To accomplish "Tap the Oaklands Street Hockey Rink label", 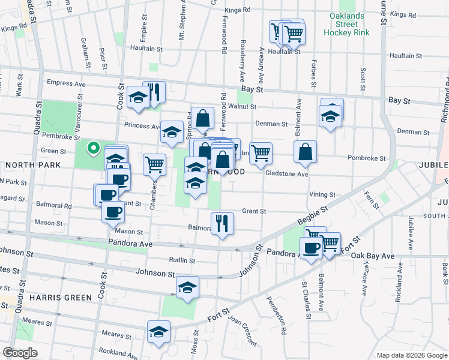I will tap(345, 24).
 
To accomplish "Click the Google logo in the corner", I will tap(20, 353).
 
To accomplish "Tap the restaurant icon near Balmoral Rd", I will tap(222, 223).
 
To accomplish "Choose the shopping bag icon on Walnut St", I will tap(202, 117).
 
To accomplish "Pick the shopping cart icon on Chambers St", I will tap(155, 164).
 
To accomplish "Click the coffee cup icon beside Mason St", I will tap(113, 211).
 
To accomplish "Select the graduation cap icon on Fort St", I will tap(159, 331).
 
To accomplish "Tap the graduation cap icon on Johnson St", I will tap(187, 288).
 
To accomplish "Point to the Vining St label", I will tap(322, 194).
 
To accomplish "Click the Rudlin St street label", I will tap(182, 260).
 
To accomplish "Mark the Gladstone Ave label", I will tap(286, 174).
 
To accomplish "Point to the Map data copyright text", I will tap(411, 355).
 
